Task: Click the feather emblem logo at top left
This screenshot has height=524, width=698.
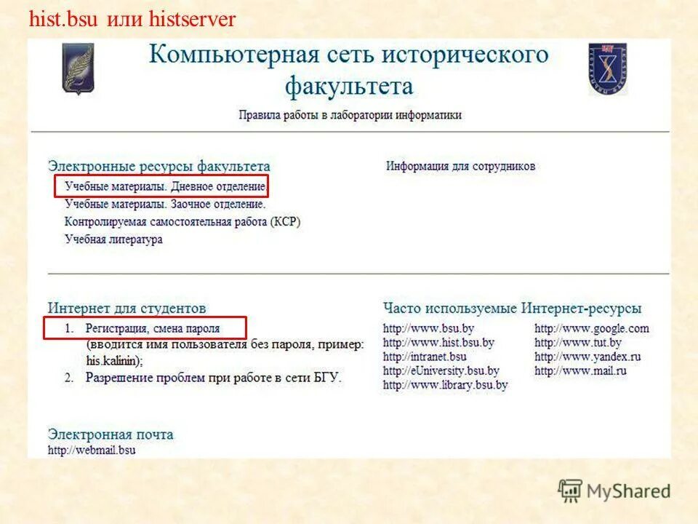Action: pyautogui.click(x=78, y=69)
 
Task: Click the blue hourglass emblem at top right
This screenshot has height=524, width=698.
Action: pyautogui.click(x=608, y=69)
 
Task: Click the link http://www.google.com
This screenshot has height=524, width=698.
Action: pyautogui.click(x=591, y=328)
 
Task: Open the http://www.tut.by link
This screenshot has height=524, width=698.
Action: pyautogui.click(x=578, y=343)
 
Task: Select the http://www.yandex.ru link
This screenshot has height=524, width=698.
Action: pyautogui.click(x=587, y=357)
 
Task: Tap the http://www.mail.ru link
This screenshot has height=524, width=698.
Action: pyautogui.click(x=580, y=370)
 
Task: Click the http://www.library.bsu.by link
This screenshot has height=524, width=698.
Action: pyautogui.click(x=445, y=385)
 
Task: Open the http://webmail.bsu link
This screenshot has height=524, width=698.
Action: pyautogui.click(x=92, y=450)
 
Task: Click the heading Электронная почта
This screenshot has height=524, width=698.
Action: pyautogui.click(x=111, y=434)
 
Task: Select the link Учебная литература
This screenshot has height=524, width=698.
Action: pyautogui.click(x=113, y=239)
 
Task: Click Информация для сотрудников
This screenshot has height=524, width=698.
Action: pyautogui.click(x=460, y=166)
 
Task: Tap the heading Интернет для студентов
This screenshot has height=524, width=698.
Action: pyautogui.click(x=127, y=309)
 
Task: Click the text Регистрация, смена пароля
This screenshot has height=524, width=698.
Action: pyautogui.click(x=152, y=329)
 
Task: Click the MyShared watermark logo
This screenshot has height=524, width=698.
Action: pyautogui.click(x=614, y=491)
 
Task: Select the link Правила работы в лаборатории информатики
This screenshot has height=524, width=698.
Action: pyautogui.click(x=350, y=115)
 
